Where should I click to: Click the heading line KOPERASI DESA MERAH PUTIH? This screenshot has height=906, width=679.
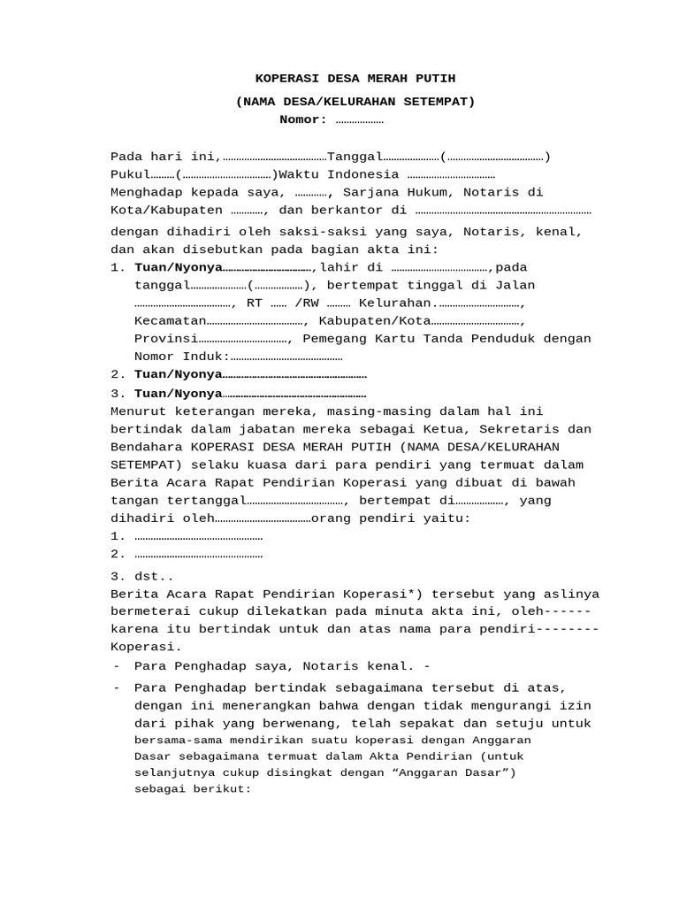click(x=355, y=79)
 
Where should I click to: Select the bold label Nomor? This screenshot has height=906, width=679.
click(x=303, y=119)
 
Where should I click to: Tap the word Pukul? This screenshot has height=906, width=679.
click(x=129, y=174)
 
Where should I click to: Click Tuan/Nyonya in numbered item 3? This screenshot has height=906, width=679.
click(x=178, y=393)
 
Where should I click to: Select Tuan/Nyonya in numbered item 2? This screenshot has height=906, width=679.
click(x=178, y=374)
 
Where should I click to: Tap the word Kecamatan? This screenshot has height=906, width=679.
click(x=170, y=320)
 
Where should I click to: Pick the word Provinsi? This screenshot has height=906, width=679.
click(x=166, y=338)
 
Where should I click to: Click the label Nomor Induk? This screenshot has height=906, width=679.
click(x=182, y=356)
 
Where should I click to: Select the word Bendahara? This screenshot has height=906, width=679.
click(x=146, y=447)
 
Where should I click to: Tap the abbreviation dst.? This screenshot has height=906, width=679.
click(x=154, y=575)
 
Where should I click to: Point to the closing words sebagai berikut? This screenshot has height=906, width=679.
click(x=193, y=788)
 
